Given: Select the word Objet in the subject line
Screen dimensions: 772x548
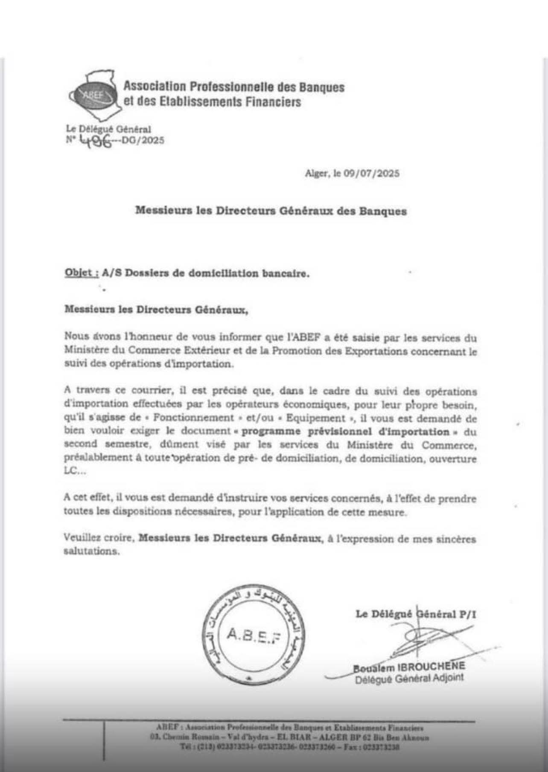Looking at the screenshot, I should tap(79, 273).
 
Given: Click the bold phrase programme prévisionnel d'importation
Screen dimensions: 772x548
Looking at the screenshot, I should tap(345, 432).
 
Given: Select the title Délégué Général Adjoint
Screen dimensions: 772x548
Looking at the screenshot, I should tap(409, 678).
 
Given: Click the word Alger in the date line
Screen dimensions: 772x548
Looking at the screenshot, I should tap(315, 174).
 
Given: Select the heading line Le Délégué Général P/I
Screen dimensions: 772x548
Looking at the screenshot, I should tap(416, 614).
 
